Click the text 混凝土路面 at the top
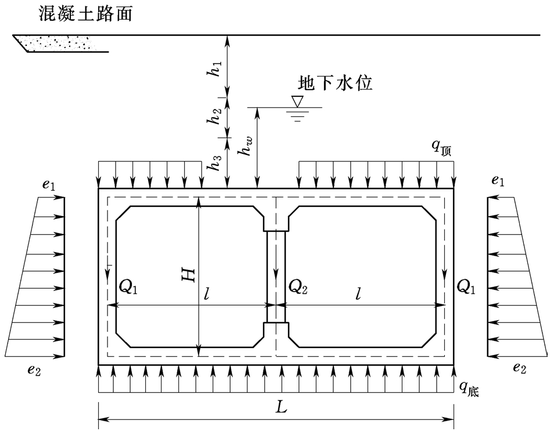pyautogui.click(x=85, y=13)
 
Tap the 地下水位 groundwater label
pyautogui.click(x=334, y=84)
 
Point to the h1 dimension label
pyautogui.click(x=215, y=69)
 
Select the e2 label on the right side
pyautogui.click(x=520, y=367)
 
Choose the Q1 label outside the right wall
pyautogui.click(x=466, y=285)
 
